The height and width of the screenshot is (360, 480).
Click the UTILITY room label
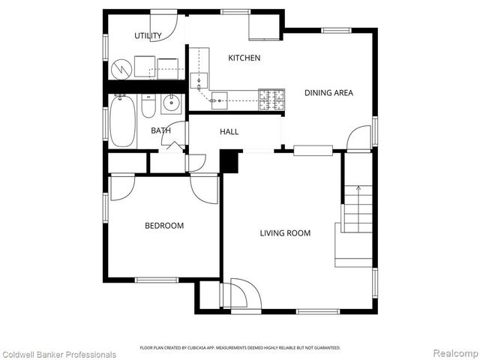pos(148,36)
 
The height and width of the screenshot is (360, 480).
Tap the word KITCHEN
pos(244,58)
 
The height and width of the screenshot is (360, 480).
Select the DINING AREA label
pos(328,93)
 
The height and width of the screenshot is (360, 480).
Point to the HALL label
pos(229,132)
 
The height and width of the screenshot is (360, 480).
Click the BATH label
pos(160,130)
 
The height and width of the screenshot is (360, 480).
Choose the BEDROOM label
pos(164,226)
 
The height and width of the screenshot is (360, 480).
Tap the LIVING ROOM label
pos(285,233)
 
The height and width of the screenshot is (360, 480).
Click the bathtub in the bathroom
pos(122,121)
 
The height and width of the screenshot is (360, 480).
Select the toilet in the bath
pos(148,109)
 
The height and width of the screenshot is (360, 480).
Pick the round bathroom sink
pos(171,104)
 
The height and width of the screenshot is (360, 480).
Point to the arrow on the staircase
pos(358,188)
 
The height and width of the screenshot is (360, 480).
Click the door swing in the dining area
pos(360,138)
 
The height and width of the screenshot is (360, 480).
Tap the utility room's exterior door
pos(167,25)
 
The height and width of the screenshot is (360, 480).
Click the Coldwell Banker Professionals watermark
pos(59,354)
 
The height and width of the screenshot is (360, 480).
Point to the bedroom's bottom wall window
pos(156,280)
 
